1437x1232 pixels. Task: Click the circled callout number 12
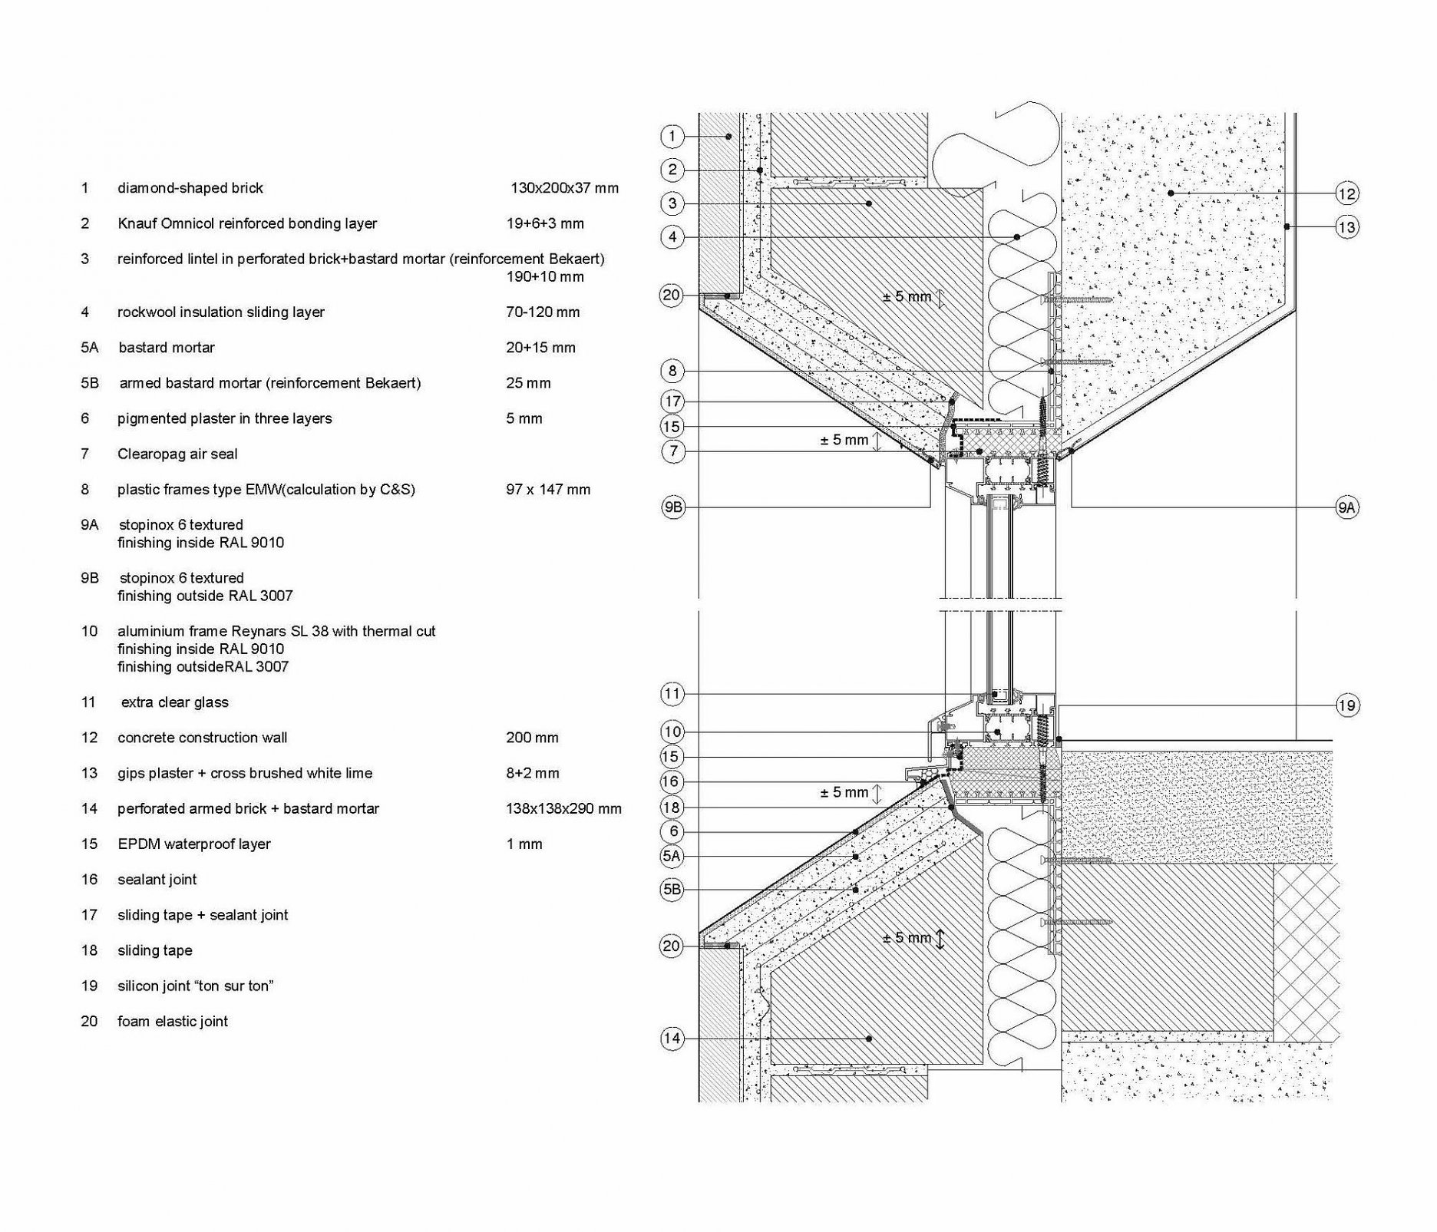click(1347, 193)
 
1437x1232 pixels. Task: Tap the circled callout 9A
click(1347, 507)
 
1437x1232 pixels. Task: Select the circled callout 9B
click(672, 507)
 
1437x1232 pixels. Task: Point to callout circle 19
click(1347, 705)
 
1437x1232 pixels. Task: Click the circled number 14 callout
click(672, 1039)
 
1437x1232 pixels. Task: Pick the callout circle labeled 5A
click(672, 856)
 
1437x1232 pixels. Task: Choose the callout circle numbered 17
click(672, 401)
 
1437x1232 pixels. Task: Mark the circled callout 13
click(1347, 227)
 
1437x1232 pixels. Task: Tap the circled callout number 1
click(672, 137)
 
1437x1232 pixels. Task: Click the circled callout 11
click(672, 694)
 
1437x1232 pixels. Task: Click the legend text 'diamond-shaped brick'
click(190, 188)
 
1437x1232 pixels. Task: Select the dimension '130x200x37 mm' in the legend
click(564, 188)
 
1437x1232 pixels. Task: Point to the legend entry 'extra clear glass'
click(174, 702)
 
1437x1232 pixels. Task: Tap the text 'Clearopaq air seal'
click(177, 454)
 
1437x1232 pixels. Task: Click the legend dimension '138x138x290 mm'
click(563, 808)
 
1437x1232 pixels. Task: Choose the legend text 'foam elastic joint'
click(173, 1022)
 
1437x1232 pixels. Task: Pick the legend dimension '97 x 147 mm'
click(548, 490)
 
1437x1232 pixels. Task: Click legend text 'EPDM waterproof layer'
click(193, 844)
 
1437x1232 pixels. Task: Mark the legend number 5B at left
click(90, 383)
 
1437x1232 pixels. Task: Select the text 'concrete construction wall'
click(202, 738)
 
